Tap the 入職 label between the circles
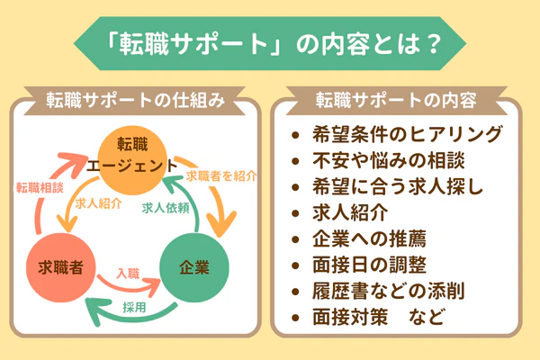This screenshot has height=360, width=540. tap(129, 271)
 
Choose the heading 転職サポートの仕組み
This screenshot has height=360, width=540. tap(135, 97)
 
